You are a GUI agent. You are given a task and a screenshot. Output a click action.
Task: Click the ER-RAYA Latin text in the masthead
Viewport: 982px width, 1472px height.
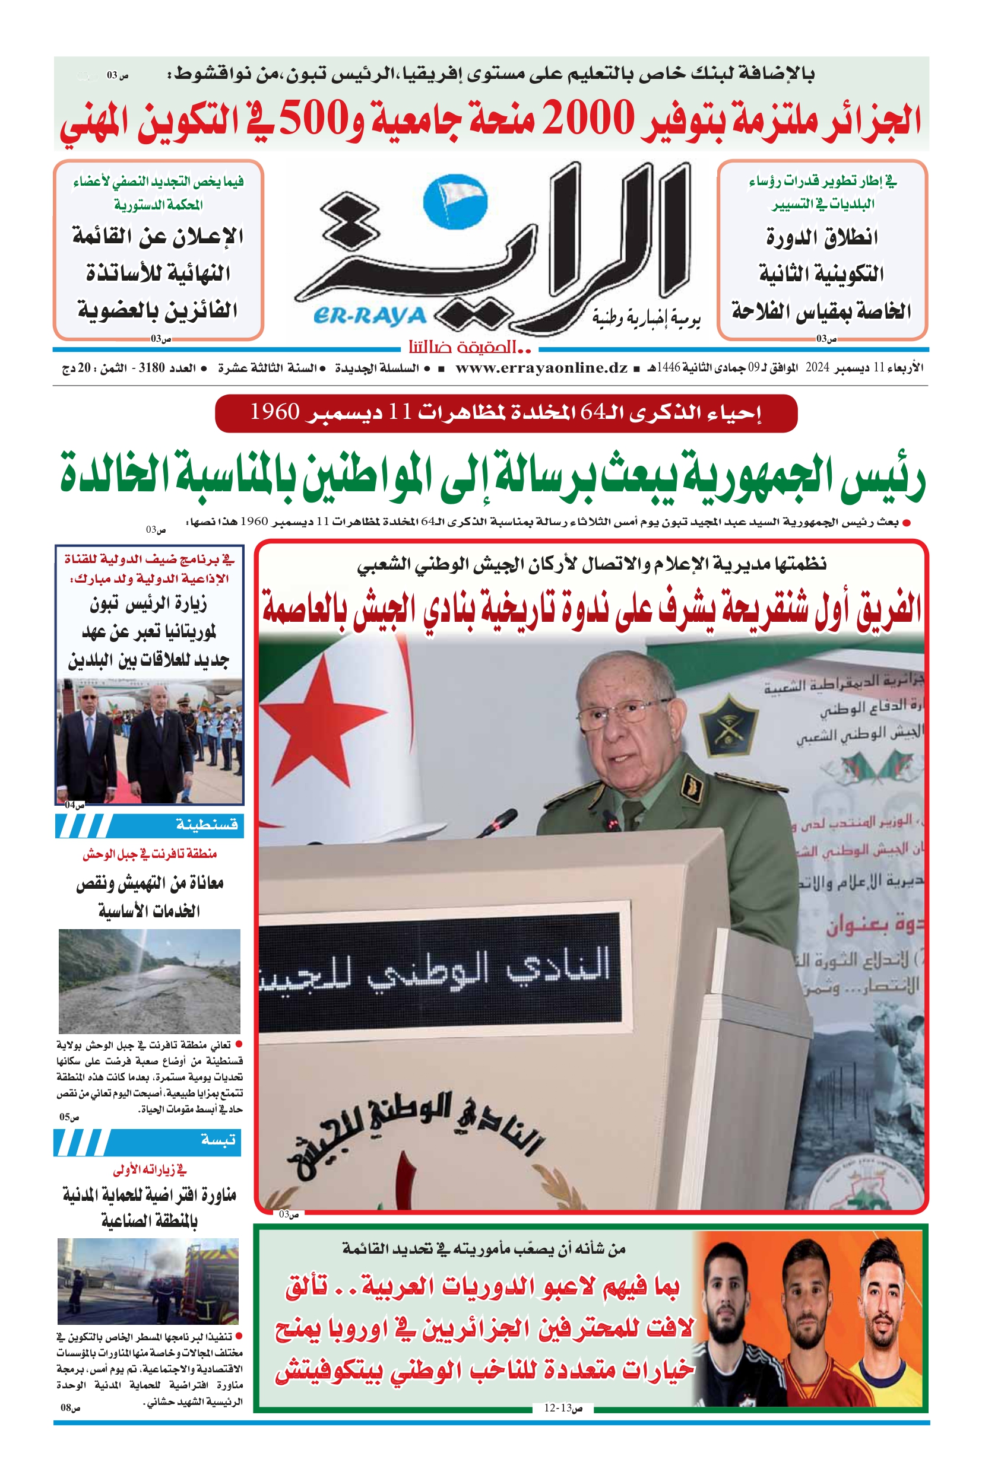click(x=369, y=317)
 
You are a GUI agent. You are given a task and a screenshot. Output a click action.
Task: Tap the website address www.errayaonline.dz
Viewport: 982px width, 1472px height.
click(x=541, y=368)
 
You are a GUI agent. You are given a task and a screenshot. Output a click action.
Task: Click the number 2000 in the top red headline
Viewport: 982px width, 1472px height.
click(x=590, y=120)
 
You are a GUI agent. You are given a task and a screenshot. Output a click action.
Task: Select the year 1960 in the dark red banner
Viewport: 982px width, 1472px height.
click(x=275, y=412)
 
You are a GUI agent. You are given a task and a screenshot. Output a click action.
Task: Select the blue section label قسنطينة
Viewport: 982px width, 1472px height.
click(x=207, y=825)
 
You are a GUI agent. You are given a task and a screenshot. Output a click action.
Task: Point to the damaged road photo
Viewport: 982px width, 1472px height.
click(x=149, y=981)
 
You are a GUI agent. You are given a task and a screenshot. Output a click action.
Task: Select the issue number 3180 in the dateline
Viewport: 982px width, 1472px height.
click(x=151, y=368)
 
